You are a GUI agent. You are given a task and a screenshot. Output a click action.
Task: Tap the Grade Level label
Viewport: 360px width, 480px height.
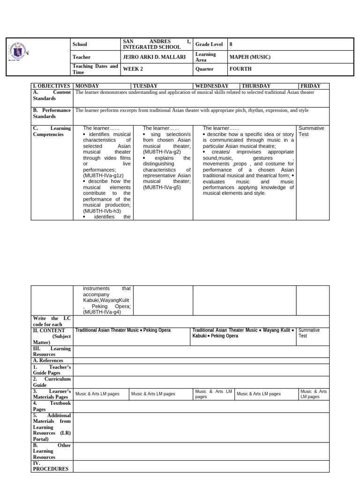tap(209, 44)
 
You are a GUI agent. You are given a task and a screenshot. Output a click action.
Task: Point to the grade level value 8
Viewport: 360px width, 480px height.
tap(231, 44)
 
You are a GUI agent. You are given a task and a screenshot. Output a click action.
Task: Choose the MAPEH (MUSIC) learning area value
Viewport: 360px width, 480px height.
tap(249, 57)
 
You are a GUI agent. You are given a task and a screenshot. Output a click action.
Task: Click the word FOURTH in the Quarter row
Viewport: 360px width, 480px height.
tap(240, 69)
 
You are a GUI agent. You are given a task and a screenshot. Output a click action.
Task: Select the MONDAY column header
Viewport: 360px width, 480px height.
tap(87, 86)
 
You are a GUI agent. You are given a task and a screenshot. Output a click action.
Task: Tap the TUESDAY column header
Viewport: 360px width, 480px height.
tap(145, 86)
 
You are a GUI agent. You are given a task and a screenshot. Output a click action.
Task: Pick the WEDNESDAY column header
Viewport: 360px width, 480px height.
tap(211, 86)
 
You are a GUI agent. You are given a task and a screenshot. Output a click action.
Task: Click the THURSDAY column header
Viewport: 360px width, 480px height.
tap(256, 86)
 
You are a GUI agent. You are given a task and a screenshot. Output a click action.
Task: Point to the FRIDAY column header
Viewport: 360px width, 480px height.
tap(310, 86)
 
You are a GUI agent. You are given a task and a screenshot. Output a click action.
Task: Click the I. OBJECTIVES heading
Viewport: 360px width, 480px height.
tap(51, 86)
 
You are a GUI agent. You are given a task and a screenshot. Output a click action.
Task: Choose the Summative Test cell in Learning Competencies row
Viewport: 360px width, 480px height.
tap(311, 131)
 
